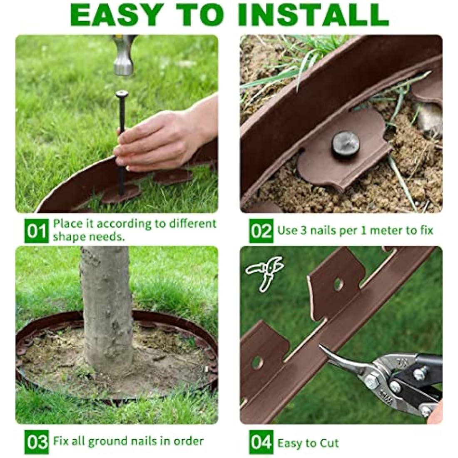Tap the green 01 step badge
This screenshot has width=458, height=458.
(x=37, y=231)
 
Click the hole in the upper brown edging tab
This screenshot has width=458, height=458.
(x=339, y=284)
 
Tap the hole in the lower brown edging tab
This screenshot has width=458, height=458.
(x=257, y=362)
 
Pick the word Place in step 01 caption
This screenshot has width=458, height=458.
(x=68, y=224)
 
